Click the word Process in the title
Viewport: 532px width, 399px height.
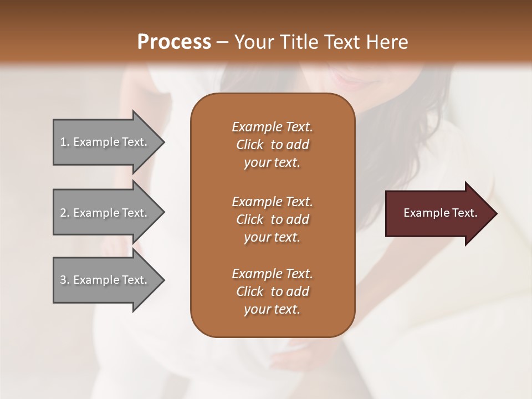[x=174, y=42]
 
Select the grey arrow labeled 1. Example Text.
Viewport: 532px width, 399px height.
[x=105, y=142]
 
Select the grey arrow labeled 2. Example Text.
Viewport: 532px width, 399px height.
[x=105, y=213]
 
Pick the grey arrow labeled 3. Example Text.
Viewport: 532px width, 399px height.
[x=105, y=280]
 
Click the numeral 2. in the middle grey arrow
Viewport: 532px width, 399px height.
[x=65, y=213]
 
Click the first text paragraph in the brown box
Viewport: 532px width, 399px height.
[x=272, y=145]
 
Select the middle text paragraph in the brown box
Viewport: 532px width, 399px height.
[x=272, y=219]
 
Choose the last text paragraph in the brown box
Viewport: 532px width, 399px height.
[x=272, y=291]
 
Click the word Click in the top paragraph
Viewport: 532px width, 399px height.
[x=250, y=145]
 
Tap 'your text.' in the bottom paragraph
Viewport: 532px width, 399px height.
[x=272, y=309]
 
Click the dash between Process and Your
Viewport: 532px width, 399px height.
[x=222, y=43]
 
